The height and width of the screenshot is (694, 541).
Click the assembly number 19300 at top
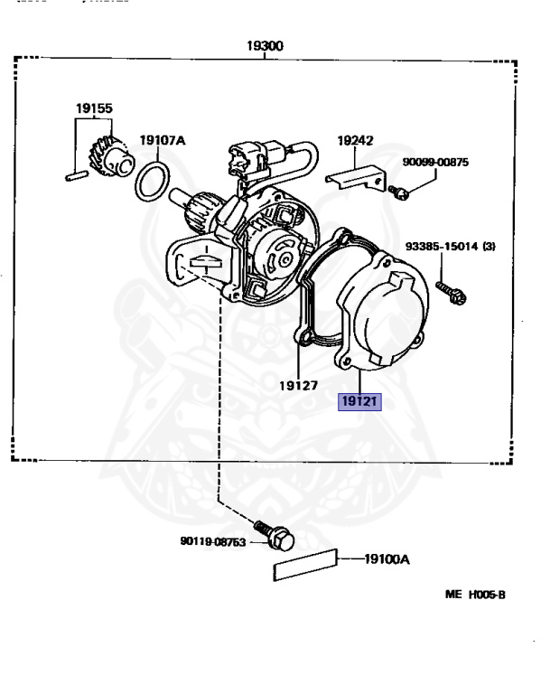265,45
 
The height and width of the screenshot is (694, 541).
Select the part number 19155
94,108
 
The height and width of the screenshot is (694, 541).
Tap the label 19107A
163,140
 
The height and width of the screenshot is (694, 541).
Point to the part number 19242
355,140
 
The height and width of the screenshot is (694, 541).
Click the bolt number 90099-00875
435,162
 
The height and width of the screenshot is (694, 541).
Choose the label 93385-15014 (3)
451,246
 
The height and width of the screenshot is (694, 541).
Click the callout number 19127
299,386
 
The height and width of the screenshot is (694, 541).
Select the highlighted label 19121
359,401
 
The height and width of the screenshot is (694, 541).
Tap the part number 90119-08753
213,541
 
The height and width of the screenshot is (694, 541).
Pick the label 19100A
387,559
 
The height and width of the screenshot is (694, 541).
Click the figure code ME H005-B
475,595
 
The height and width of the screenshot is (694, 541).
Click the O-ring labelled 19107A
152,181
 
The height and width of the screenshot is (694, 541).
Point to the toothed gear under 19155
110,157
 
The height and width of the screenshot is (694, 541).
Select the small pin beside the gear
77,175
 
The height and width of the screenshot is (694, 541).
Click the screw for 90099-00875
398,192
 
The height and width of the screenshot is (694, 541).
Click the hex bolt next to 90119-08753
275,536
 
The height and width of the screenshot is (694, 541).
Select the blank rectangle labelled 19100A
305,565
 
